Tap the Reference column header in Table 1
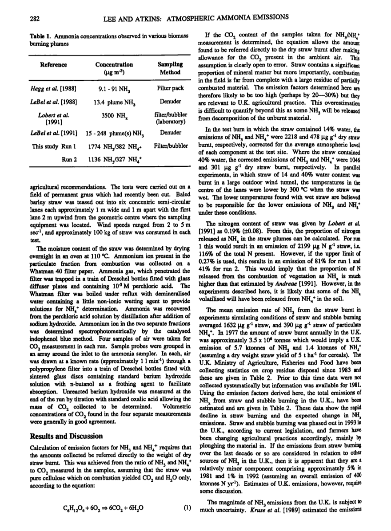coord(54,65)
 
